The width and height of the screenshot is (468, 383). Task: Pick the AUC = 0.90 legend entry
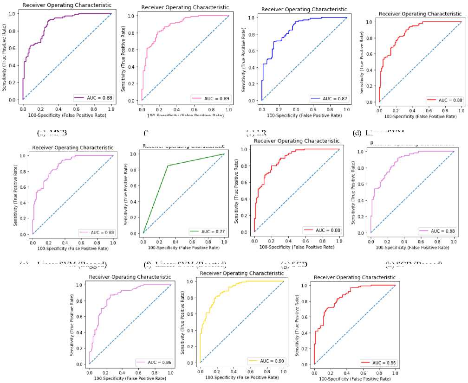(266, 361)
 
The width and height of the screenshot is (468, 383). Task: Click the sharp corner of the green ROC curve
(168, 166)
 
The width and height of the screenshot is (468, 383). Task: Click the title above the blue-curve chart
(304, 9)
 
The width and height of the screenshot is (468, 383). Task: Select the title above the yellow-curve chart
(241, 274)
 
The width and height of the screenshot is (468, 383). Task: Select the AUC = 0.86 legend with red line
(377, 363)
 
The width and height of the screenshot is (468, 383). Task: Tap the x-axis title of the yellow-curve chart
(241, 377)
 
